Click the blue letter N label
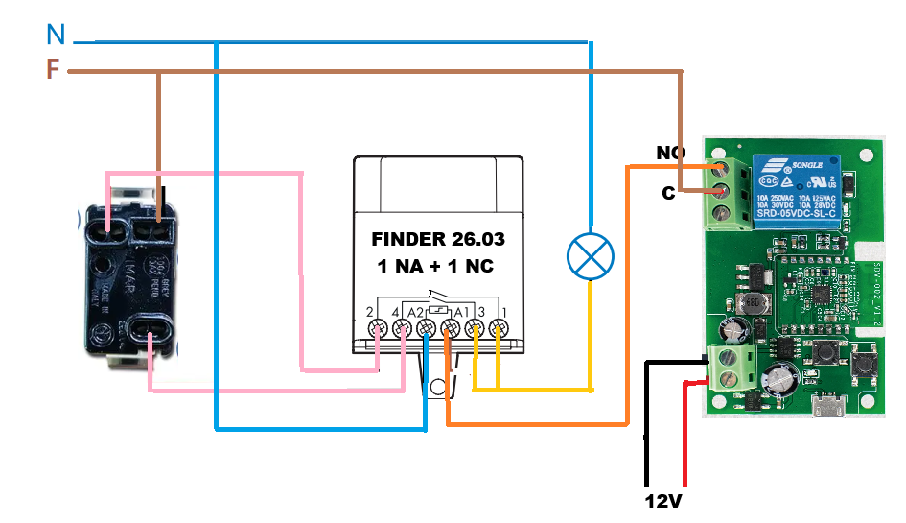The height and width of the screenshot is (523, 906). pyautogui.click(x=56, y=36)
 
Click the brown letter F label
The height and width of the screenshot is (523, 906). pyautogui.click(x=54, y=69)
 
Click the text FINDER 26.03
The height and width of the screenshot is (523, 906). pyautogui.click(x=437, y=239)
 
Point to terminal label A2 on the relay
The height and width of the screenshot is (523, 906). pyautogui.click(x=414, y=312)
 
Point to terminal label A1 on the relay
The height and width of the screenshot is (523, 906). pyautogui.click(x=461, y=312)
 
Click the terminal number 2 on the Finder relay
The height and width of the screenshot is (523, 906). pyautogui.click(x=370, y=312)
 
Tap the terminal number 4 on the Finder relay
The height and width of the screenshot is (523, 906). pyautogui.click(x=394, y=312)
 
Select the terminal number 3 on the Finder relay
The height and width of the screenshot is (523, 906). pyautogui.click(x=482, y=312)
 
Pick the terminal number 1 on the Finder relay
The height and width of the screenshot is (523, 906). pyautogui.click(x=503, y=312)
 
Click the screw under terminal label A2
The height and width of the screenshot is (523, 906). pyautogui.click(x=426, y=330)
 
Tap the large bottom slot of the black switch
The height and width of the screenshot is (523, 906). pyautogui.click(x=149, y=336)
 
